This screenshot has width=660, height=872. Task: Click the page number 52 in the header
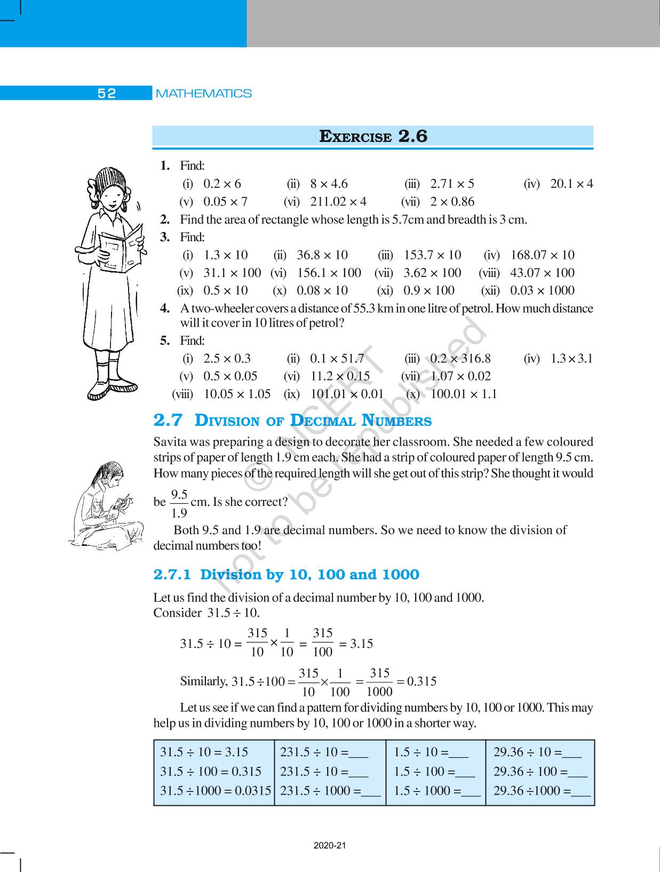(x=107, y=93)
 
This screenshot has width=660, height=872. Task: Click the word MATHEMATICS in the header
(x=203, y=93)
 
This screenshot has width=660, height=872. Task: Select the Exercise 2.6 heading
(x=373, y=137)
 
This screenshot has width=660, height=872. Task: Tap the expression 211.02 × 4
(x=338, y=202)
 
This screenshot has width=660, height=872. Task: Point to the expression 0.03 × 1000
(x=542, y=291)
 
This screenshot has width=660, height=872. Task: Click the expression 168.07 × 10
(x=542, y=255)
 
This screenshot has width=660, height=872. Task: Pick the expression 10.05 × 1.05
(x=237, y=394)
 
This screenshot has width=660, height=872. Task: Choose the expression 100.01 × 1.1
(x=463, y=394)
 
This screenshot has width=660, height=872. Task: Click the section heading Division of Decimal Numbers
(x=313, y=421)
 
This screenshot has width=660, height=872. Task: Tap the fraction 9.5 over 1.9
(x=179, y=504)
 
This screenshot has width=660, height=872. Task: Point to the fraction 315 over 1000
(x=379, y=683)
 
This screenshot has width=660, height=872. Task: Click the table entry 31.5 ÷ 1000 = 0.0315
(x=216, y=791)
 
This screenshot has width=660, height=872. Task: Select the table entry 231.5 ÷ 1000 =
(x=330, y=791)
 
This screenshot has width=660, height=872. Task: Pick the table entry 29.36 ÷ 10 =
(x=537, y=752)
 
